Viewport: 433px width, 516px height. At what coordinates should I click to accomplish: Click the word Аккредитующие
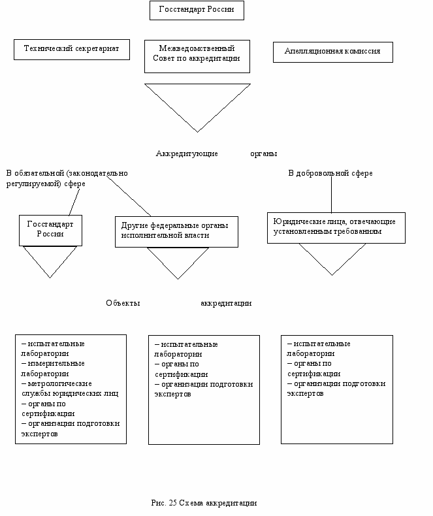(187, 153)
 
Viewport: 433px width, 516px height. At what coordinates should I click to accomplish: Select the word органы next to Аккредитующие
(264, 154)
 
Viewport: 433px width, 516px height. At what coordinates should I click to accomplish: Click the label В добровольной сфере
(330, 173)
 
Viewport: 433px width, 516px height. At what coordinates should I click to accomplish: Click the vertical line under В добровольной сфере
(331, 195)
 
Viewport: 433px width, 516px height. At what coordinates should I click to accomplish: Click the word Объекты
(123, 303)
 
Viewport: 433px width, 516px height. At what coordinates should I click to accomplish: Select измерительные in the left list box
(56, 364)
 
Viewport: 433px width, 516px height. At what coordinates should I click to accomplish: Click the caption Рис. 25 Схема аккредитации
(204, 503)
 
